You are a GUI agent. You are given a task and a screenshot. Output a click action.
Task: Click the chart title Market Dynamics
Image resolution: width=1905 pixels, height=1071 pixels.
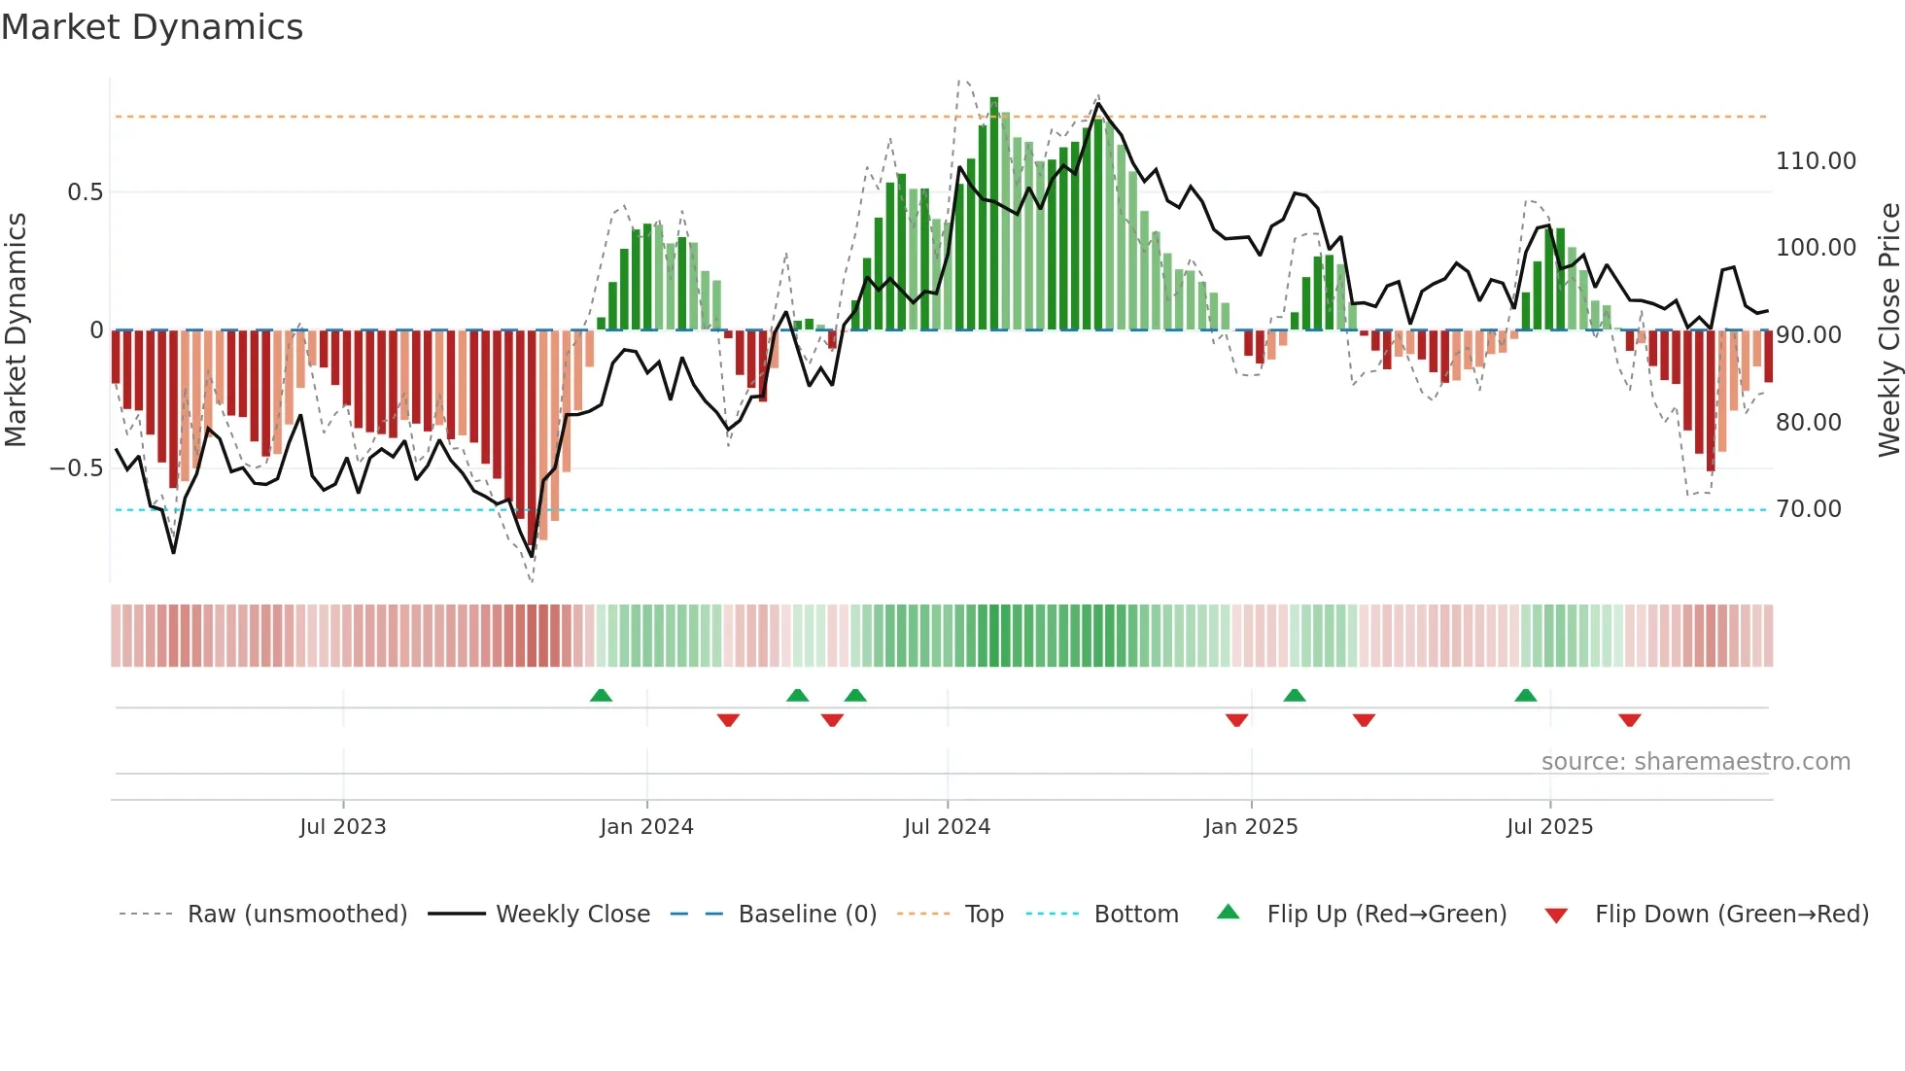152,27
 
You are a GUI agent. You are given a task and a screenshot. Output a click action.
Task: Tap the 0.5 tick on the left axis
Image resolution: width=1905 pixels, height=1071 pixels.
85,192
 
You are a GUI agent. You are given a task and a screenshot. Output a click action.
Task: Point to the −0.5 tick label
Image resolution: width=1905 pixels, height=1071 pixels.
76,468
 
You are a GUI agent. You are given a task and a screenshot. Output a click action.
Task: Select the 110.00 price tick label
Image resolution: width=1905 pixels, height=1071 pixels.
1815,161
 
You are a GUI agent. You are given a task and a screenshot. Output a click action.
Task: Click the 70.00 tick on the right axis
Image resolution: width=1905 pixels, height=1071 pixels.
1808,509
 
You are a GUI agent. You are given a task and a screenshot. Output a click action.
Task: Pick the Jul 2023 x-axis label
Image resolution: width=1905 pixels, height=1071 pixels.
342,827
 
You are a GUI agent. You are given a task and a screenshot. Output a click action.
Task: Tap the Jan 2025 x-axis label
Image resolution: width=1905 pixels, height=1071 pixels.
1250,827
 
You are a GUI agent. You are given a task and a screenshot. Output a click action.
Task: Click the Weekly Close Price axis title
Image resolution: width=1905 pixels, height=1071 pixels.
1888,329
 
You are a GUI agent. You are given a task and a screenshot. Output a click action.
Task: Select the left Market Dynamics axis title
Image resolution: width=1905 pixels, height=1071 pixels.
16,329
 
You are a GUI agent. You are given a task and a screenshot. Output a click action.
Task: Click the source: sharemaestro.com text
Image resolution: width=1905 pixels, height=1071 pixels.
1695,762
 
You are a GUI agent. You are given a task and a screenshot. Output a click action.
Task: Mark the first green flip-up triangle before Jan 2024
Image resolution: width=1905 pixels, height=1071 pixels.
601,695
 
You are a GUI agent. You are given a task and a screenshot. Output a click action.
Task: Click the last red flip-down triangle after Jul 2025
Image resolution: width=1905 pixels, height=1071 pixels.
1630,720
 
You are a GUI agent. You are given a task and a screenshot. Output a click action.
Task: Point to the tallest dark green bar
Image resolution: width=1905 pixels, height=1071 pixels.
994,214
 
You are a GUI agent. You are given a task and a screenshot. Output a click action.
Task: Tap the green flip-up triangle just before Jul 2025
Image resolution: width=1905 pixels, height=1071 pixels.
1525,695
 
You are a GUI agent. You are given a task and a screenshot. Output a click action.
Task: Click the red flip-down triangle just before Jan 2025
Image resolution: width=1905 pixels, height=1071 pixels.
1236,720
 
